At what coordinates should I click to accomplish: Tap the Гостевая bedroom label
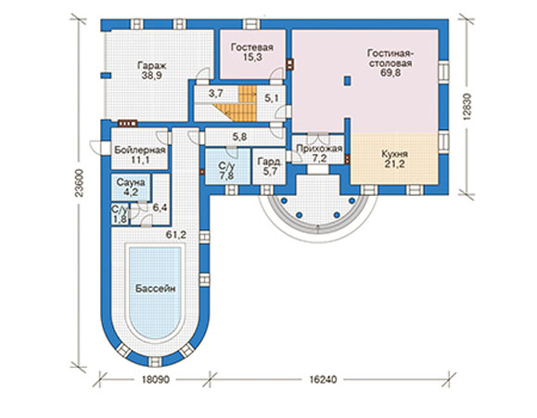tap(252, 47)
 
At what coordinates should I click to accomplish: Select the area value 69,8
tap(390, 73)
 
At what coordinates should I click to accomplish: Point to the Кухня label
tap(394, 154)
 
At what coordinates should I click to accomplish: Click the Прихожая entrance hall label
tap(319, 149)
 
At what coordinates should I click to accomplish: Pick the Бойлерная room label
tap(140, 150)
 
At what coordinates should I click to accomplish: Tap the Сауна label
tap(131, 182)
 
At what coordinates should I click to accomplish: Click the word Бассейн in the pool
tap(156, 288)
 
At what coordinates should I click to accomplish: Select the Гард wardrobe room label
tap(269, 161)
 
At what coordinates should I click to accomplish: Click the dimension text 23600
tap(80, 183)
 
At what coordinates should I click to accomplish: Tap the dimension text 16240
tap(323, 380)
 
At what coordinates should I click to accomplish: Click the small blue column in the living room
tap(347, 80)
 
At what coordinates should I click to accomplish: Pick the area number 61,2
tap(175, 235)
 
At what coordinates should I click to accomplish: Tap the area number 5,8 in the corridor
tap(240, 137)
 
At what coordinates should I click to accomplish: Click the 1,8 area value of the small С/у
tap(120, 219)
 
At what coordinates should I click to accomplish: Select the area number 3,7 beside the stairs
tap(216, 93)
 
